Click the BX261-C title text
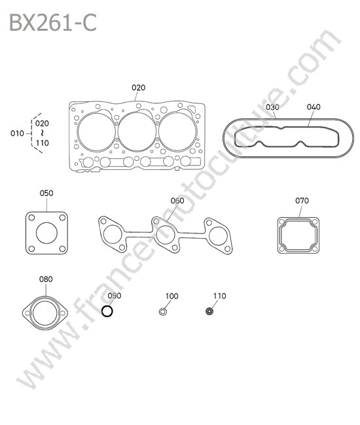[x=53, y=23]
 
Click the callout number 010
[x=17, y=133]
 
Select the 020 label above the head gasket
[x=138, y=88]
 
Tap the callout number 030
[x=272, y=107]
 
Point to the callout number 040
[x=314, y=107]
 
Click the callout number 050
[x=46, y=194]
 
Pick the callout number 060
[x=177, y=201]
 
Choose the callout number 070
[x=302, y=201]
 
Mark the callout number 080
[x=46, y=279]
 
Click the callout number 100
[x=172, y=296]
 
